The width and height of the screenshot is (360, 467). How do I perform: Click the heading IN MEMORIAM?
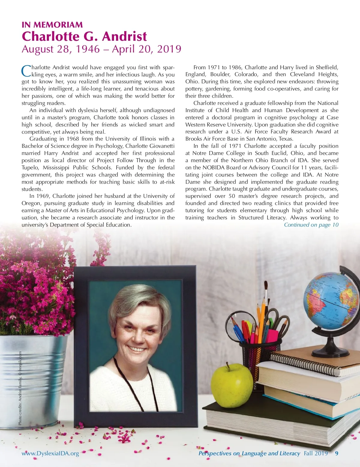click(x=52, y=25)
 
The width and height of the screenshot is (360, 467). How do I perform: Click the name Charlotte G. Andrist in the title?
click(x=84, y=37)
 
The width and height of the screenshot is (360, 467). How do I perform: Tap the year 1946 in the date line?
click(x=88, y=49)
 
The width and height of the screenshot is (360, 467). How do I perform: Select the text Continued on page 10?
click(x=311, y=225)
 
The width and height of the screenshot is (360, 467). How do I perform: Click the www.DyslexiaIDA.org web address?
click(x=50, y=453)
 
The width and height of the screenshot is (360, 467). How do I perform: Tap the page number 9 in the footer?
click(x=337, y=453)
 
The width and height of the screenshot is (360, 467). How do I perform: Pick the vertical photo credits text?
click(x=20, y=388)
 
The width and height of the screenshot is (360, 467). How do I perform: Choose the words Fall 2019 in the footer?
click(x=316, y=453)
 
